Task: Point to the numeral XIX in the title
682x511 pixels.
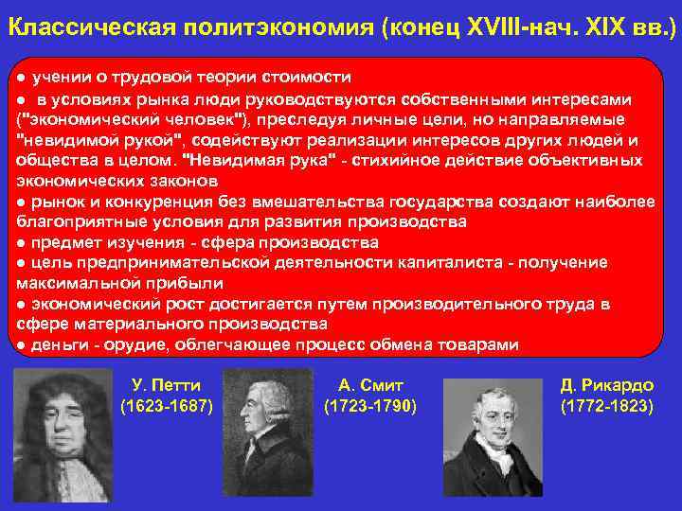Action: [599, 27]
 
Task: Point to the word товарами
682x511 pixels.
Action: [479, 344]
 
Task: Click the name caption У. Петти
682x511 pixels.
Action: [167, 385]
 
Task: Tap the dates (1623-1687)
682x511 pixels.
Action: [167, 407]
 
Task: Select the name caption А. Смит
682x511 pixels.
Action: [370, 385]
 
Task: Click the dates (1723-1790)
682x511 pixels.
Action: [370, 407]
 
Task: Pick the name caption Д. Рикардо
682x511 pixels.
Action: [606, 385]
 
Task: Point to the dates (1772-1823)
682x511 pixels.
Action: [606, 407]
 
